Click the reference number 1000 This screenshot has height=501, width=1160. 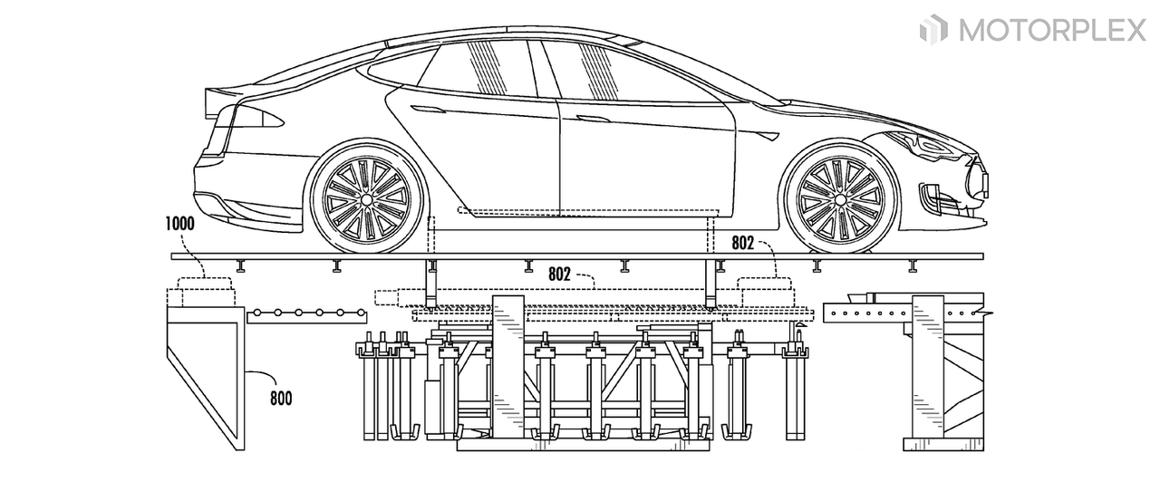tap(184, 222)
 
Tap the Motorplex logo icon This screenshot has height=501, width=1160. tap(933, 30)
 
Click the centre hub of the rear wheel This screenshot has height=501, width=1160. tap(367, 198)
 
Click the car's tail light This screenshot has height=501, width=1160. tap(254, 118)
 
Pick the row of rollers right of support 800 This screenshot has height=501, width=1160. tap(308, 313)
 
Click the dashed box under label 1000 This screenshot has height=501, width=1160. tap(205, 290)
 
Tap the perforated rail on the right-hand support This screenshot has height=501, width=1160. tap(870, 314)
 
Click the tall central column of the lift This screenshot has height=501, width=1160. tap(507, 362)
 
